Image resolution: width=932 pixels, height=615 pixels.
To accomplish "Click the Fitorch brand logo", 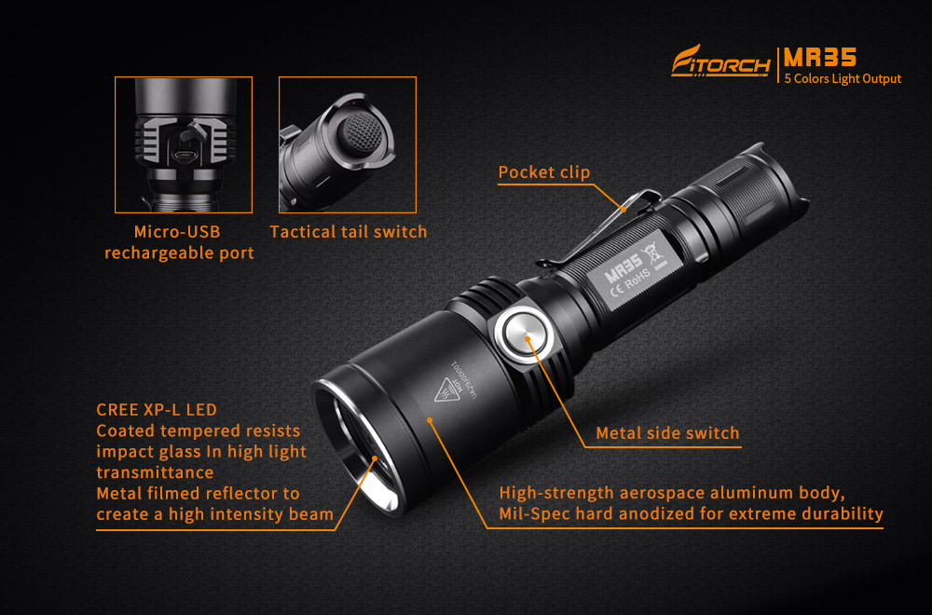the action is pyautogui.click(x=720, y=61).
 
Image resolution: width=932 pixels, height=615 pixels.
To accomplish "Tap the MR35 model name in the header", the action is pyautogui.click(x=819, y=58).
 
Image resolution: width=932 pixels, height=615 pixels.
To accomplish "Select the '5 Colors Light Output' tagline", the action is pyautogui.click(x=843, y=78).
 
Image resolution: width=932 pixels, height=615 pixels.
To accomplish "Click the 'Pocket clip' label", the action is pyautogui.click(x=544, y=171).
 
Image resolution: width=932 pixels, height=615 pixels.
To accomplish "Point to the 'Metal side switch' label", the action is pyautogui.click(x=667, y=432).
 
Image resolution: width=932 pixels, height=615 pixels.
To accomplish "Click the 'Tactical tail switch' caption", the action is pyautogui.click(x=349, y=232).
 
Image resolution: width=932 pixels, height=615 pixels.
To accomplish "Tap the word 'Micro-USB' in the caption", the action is pyautogui.click(x=177, y=232).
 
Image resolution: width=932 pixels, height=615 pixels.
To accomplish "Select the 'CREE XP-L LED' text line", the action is pyautogui.click(x=157, y=409).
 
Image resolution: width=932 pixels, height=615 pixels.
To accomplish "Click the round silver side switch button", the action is pyautogui.click(x=525, y=337).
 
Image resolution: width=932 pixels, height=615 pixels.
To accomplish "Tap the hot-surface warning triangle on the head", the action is pyautogui.click(x=447, y=389).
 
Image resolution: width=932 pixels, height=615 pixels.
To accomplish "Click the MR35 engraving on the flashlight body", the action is pyautogui.click(x=623, y=268).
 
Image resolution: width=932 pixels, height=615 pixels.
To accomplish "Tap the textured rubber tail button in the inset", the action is pyautogui.click(x=359, y=133).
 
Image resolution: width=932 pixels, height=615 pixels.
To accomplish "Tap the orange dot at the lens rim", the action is pyautogui.click(x=375, y=458).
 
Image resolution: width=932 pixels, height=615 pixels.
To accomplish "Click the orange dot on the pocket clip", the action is pyautogui.click(x=623, y=209).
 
